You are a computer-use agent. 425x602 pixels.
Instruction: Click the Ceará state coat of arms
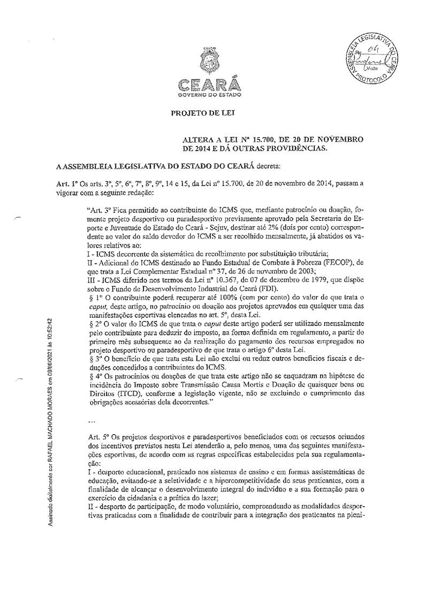pyautogui.click(x=208, y=61)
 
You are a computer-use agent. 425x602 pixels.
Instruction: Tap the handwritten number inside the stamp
pyautogui.click(x=368, y=50)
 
